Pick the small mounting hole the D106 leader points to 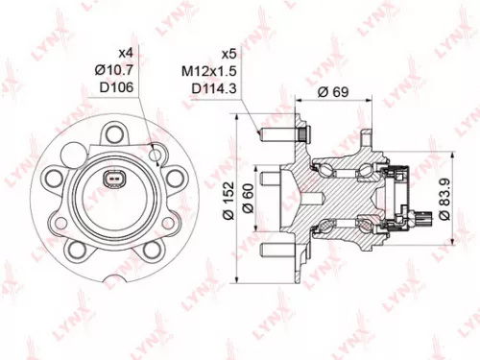(156, 152)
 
